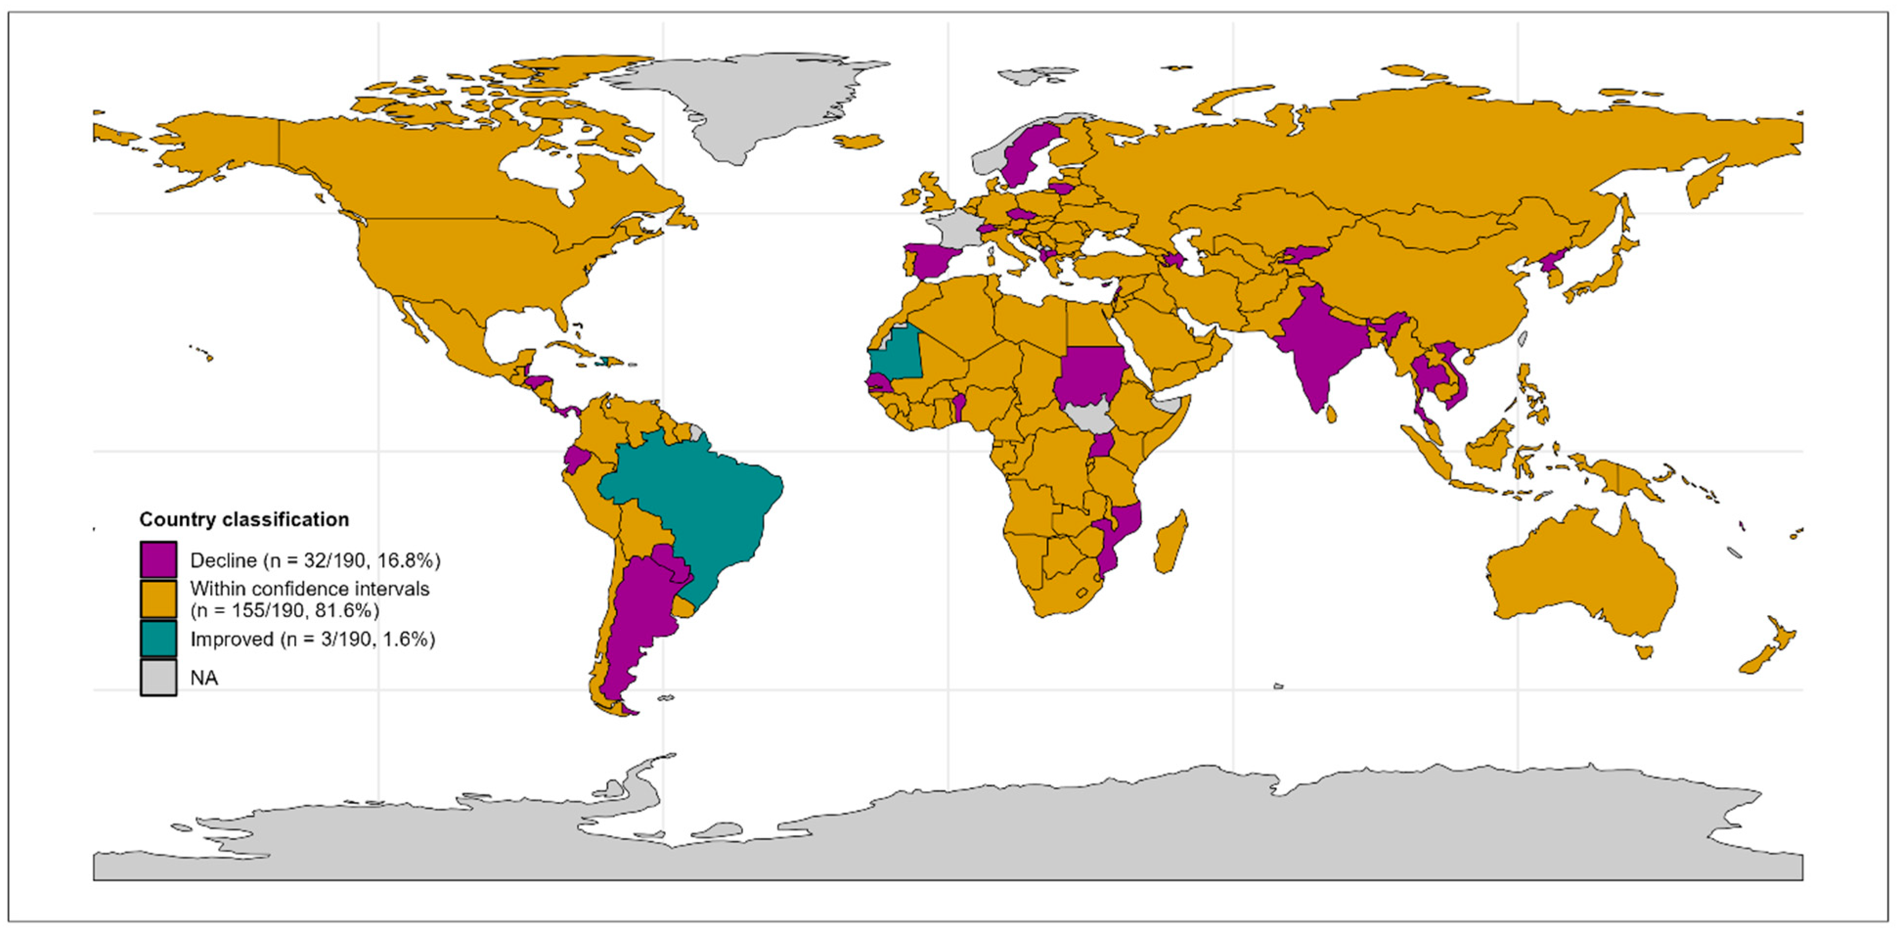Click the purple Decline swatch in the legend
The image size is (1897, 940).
tap(158, 559)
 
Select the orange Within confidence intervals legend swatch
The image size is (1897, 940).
tap(158, 599)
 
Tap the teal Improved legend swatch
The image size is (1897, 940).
tap(158, 638)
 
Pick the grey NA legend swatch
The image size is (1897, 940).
tap(158, 677)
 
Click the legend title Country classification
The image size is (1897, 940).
tap(244, 520)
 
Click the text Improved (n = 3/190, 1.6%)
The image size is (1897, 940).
tap(312, 639)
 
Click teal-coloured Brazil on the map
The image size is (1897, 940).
tap(700, 501)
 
